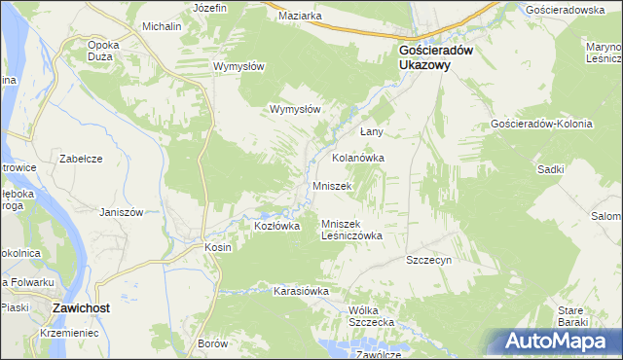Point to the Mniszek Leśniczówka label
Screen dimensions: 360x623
coord(351,230)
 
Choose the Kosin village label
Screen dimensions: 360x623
coord(217,247)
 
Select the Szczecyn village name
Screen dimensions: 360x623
coord(429,261)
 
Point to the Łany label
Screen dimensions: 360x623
coord(374,131)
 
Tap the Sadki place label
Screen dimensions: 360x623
coord(552,168)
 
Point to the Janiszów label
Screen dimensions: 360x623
coord(122,212)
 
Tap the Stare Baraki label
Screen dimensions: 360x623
coord(569,315)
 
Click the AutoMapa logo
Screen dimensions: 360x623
coord(558,341)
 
